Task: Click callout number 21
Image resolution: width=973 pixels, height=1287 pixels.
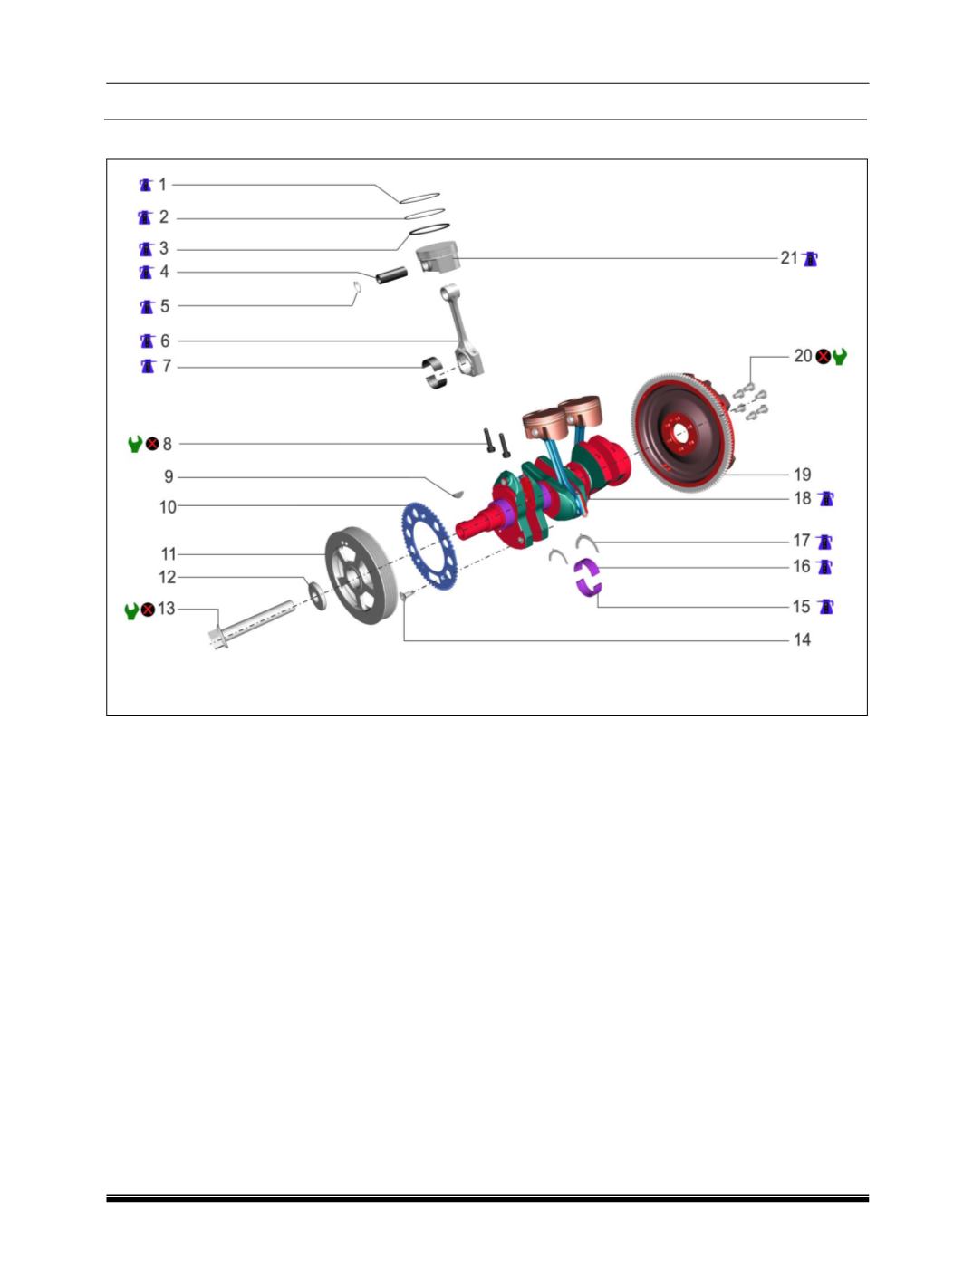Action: pyautogui.click(x=788, y=258)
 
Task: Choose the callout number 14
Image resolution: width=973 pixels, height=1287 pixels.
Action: pyautogui.click(x=802, y=639)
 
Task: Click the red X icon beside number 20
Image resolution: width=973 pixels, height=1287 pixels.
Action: pyautogui.click(x=823, y=356)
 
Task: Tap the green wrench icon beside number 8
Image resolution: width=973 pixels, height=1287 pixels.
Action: pyautogui.click(x=135, y=444)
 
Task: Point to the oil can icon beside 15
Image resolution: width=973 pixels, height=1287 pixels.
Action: pyautogui.click(x=825, y=606)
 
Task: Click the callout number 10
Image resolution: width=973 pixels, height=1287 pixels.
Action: pyautogui.click(x=168, y=507)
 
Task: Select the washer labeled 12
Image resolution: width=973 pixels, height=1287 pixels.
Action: pyautogui.click(x=319, y=595)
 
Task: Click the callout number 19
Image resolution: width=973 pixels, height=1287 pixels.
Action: pyautogui.click(x=802, y=474)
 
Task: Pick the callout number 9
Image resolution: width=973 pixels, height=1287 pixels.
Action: pyautogui.click(x=168, y=476)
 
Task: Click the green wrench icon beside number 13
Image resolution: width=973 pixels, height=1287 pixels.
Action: pyautogui.click(x=131, y=610)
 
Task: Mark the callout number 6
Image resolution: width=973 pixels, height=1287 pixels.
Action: pyautogui.click(x=165, y=341)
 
